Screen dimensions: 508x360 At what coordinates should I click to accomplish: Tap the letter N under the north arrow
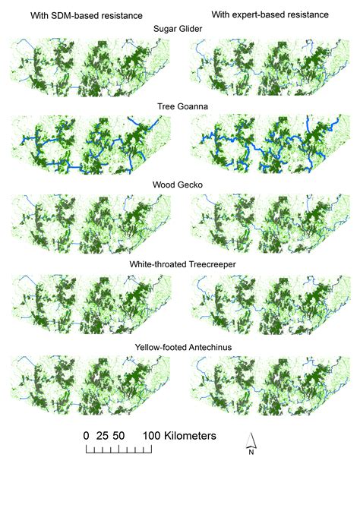(x=251, y=453)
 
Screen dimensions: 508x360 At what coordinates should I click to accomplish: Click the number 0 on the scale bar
(x=87, y=436)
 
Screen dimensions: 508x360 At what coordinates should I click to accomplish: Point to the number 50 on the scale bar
(x=118, y=436)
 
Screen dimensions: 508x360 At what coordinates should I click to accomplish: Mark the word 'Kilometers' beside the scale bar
(x=190, y=436)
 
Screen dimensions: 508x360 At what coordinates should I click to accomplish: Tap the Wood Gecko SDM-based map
(x=87, y=224)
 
